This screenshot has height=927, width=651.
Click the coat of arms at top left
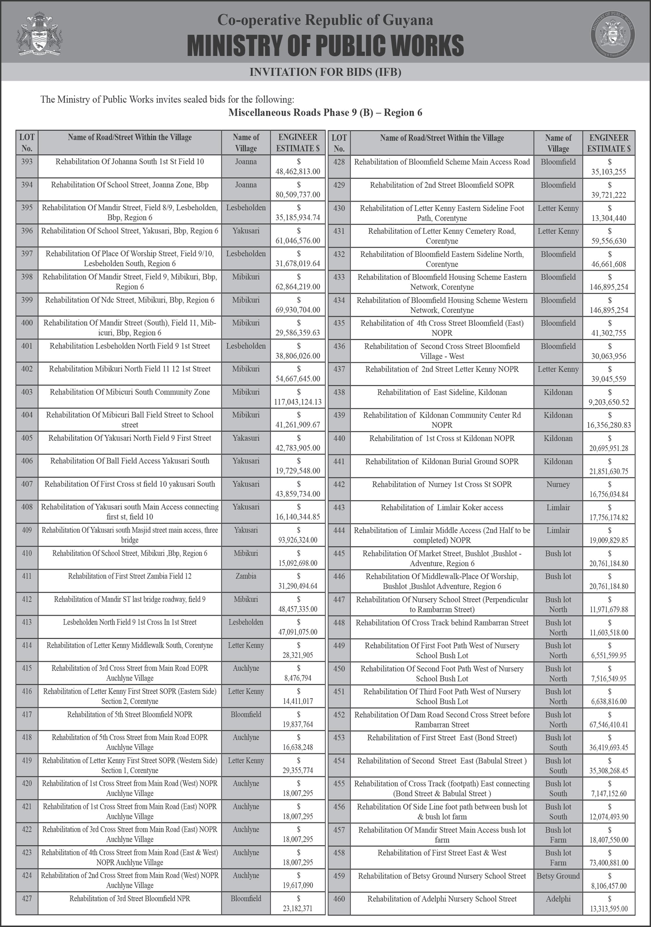click(x=40, y=34)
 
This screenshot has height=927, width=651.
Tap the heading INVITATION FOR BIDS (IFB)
click(x=325, y=72)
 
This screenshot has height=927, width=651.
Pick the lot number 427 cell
click(x=27, y=898)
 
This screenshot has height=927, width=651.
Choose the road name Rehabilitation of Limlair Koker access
click(x=441, y=508)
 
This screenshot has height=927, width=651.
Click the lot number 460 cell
click(x=339, y=899)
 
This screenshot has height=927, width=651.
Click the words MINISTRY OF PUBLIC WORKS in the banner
click(x=325, y=45)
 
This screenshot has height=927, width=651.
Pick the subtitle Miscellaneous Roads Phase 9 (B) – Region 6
click(x=325, y=113)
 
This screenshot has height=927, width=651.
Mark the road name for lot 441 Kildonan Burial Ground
click(x=441, y=461)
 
